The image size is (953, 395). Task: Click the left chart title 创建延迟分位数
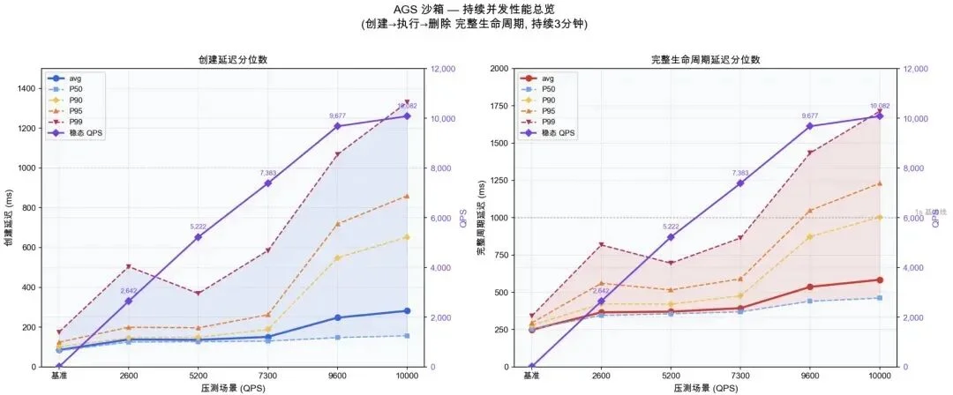click(233, 60)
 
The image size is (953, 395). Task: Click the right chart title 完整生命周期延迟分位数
click(705, 60)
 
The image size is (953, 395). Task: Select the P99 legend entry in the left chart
click(84, 122)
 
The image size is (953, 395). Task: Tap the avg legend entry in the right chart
click(548, 78)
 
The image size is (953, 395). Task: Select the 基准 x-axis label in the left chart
click(60, 376)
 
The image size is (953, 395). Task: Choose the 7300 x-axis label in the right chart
click(739, 376)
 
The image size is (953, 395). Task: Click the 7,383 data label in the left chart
click(268, 173)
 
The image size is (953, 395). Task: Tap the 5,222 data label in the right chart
click(672, 227)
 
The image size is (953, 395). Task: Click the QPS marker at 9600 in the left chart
click(337, 126)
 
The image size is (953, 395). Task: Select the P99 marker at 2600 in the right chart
click(602, 244)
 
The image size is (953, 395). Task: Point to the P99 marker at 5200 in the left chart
click(199, 294)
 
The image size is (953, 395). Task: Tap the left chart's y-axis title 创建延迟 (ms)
click(10, 217)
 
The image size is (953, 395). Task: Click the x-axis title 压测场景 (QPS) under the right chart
click(705, 388)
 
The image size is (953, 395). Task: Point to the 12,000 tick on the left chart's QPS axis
click(444, 69)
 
